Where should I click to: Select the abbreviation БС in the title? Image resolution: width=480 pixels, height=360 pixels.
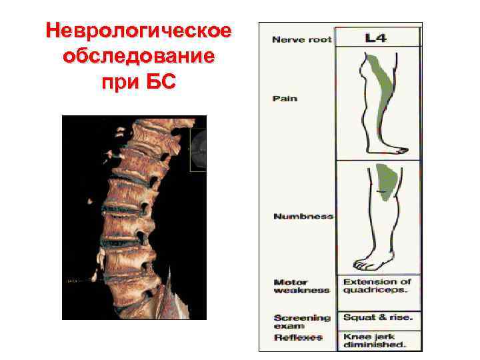pyautogui.click(x=160, y=83)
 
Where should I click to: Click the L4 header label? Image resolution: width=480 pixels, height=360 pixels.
pyautogui.click(x=375, y=38)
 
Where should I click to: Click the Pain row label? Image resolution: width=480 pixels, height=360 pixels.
pyautogui.click(x=285, y=99)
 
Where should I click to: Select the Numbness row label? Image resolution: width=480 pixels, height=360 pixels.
pyautogui.click(x=303, y=217)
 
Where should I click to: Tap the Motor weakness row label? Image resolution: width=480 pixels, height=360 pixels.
pyautogui.click(x=301, y=287)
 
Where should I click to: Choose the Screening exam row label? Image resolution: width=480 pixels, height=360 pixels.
pyautogui.click(x=302, y=322)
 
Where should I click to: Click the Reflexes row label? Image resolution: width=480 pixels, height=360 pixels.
pyautogui.click(x=297, y=339)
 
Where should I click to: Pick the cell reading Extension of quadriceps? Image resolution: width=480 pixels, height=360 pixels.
pyautogui.click(x=377, y=286)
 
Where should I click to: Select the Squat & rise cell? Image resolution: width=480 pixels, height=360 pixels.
pyautogui.click(x=378, y=317)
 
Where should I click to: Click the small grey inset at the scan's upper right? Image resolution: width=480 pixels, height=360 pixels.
pyautogui.click(x=198, y=150)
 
